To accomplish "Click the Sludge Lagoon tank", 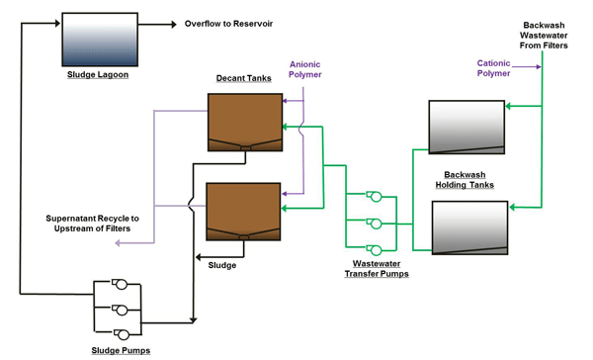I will [x=93, y=39].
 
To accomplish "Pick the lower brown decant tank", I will [x=244, y=211].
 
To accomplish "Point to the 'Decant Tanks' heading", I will [x=245, y=78].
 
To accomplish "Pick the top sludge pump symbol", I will [x=122, y=286].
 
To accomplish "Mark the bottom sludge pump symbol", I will [x=122, y=333].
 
